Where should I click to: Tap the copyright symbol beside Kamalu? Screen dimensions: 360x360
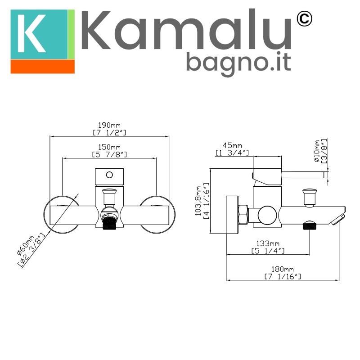305,19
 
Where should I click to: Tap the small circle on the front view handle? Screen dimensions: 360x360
109,174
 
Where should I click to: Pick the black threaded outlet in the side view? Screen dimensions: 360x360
309,225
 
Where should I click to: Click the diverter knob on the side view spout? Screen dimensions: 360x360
309,196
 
